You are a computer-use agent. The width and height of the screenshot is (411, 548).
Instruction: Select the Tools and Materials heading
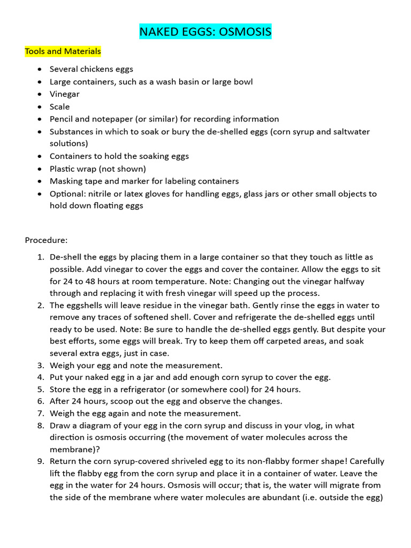click(63, 51)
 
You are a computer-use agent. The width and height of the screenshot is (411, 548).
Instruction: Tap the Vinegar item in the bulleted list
click(64, 94)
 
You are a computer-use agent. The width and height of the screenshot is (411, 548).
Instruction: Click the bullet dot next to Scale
click(40, 107)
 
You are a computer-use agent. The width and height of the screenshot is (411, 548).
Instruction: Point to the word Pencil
click(62, 119)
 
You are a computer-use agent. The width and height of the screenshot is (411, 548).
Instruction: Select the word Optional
click(66, 194)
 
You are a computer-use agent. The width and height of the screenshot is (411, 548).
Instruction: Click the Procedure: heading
click(46, 240)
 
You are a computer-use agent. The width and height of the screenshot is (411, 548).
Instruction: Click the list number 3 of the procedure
click(41, 366)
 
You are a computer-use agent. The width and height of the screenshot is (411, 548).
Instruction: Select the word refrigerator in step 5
click(147, 389)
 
